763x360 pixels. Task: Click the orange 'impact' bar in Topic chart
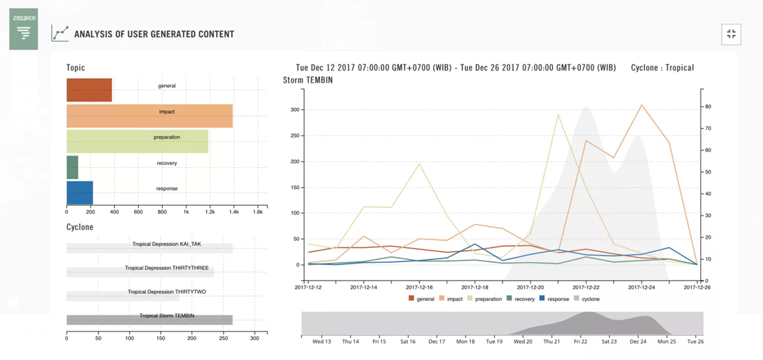click(x=149, y=116)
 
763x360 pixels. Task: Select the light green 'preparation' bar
click(x=137, y=141)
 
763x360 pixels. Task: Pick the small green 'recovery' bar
click(x=72, y=167)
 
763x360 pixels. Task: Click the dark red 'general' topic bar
click(x=89, y=90)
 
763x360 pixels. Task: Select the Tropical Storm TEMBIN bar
click(x=149, y=320)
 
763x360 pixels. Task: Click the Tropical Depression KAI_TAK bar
click(x=149, y=248)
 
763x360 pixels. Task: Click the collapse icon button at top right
click(x=731, y=34)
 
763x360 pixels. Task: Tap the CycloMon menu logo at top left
click(x=24, y=29)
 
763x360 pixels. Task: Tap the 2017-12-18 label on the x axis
click(x=474, y=287)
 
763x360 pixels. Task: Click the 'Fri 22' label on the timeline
click(x=581, y=341)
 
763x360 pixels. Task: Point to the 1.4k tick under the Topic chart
click(x=233, y=211)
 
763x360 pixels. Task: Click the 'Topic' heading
click(x=76, y=67)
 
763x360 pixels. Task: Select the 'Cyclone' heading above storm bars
click(x=79, y=227)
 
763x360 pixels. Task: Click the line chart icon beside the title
click(x=60, y=34)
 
